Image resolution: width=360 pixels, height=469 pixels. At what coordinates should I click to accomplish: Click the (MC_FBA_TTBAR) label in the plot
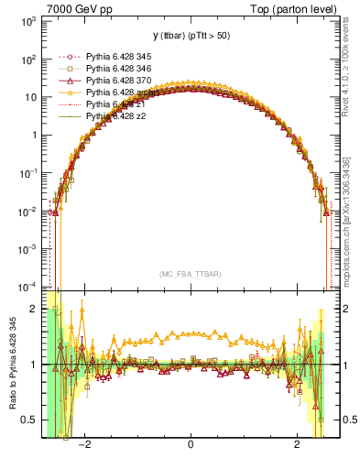point(190,274)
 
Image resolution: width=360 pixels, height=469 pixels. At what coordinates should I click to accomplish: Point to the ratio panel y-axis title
point(10,366)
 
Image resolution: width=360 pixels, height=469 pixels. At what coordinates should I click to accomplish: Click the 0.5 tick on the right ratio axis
point(346,420)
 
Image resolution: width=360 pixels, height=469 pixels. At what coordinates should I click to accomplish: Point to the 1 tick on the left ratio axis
point(34,365)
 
